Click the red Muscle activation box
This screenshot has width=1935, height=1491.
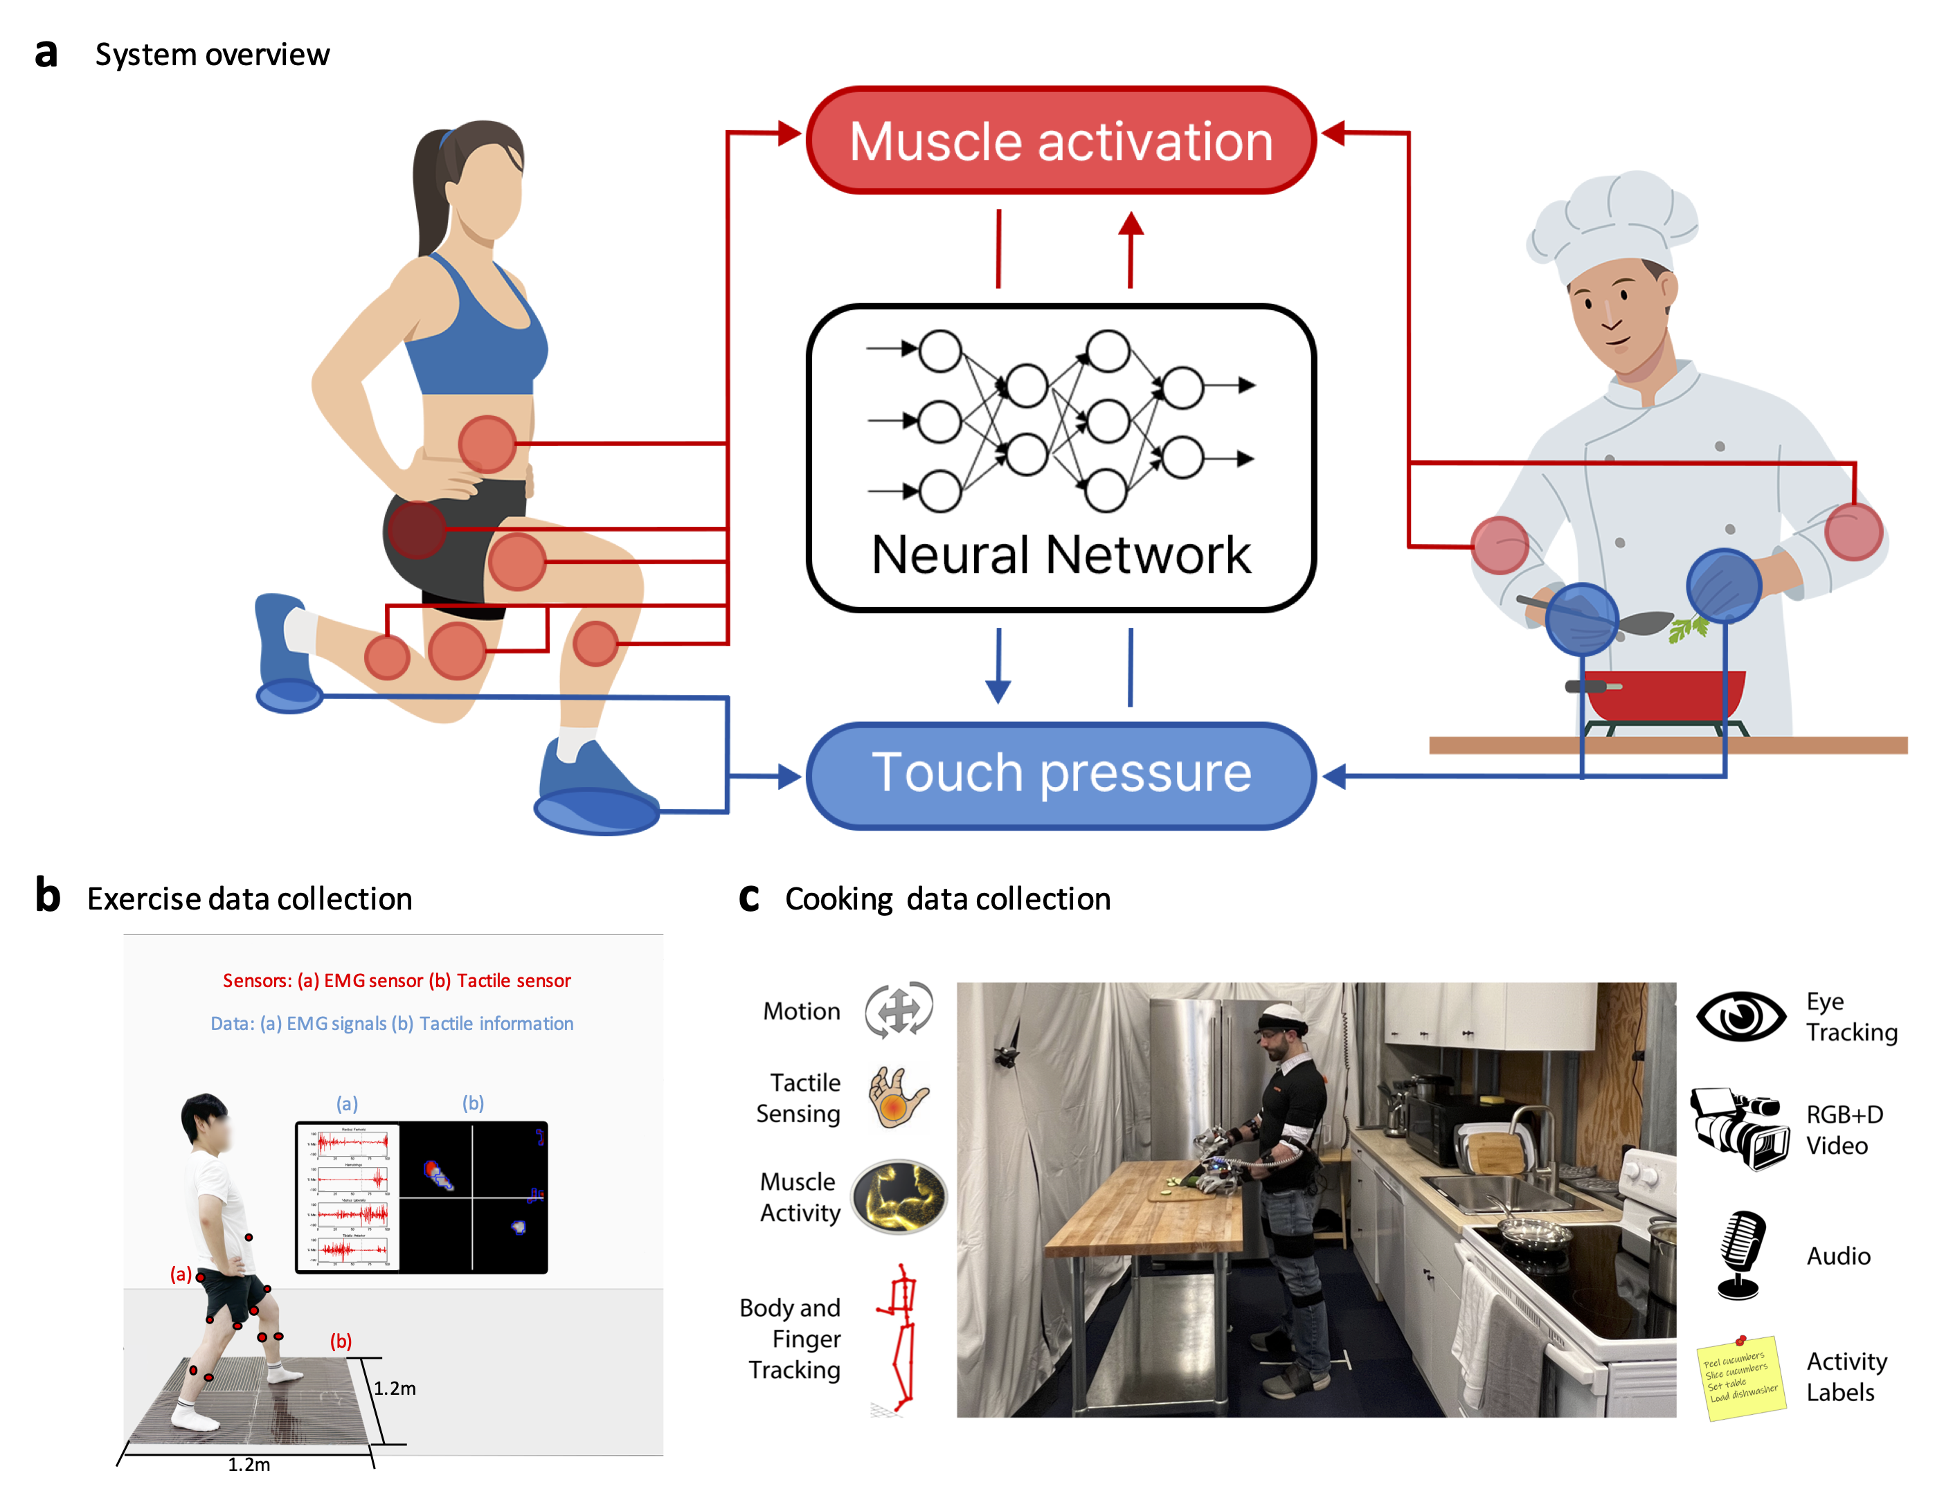tap(1061, 141)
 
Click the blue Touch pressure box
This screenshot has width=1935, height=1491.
tap(1061, 775)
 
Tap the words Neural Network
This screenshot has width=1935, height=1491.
tap(1061, 555)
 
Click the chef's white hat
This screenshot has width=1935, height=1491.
tap(1612, 222)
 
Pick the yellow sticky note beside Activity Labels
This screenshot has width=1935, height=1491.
tap(1740, 1378)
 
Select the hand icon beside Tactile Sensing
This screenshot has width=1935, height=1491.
tap(897, 1096)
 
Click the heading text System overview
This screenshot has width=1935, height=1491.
tap(213, 55)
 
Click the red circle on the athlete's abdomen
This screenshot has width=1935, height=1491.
tap(487, 444)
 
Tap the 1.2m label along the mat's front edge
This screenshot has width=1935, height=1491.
tap(249, 1463)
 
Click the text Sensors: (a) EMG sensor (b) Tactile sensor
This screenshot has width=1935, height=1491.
tap(396, 981)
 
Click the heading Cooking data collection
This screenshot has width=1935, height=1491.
tap(947, 898)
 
